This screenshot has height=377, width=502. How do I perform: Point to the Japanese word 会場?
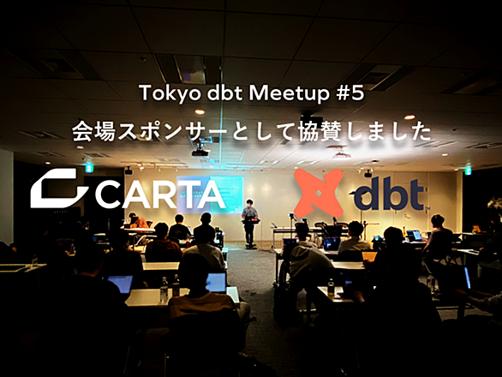pos(93,131)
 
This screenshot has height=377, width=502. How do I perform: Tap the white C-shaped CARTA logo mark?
pos(59,188)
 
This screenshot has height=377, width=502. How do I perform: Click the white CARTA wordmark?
pos(160,196)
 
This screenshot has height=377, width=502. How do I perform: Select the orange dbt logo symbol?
pos(318,194)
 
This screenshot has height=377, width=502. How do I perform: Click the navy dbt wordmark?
pos(389,193)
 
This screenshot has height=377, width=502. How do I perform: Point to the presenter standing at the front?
pos(250,221)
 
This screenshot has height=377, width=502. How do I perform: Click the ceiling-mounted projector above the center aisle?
pos(200,151)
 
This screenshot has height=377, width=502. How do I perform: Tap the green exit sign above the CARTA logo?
pos(88,168)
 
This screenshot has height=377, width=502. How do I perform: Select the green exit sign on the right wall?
pos(468,170)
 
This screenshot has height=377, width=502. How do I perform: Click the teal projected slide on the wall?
pos(210,194)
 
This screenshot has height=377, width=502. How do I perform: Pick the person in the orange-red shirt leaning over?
pos(138,220)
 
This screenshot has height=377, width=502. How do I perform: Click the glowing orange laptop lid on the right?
pos(369,255)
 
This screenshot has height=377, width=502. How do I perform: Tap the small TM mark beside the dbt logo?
pos(427,208)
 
